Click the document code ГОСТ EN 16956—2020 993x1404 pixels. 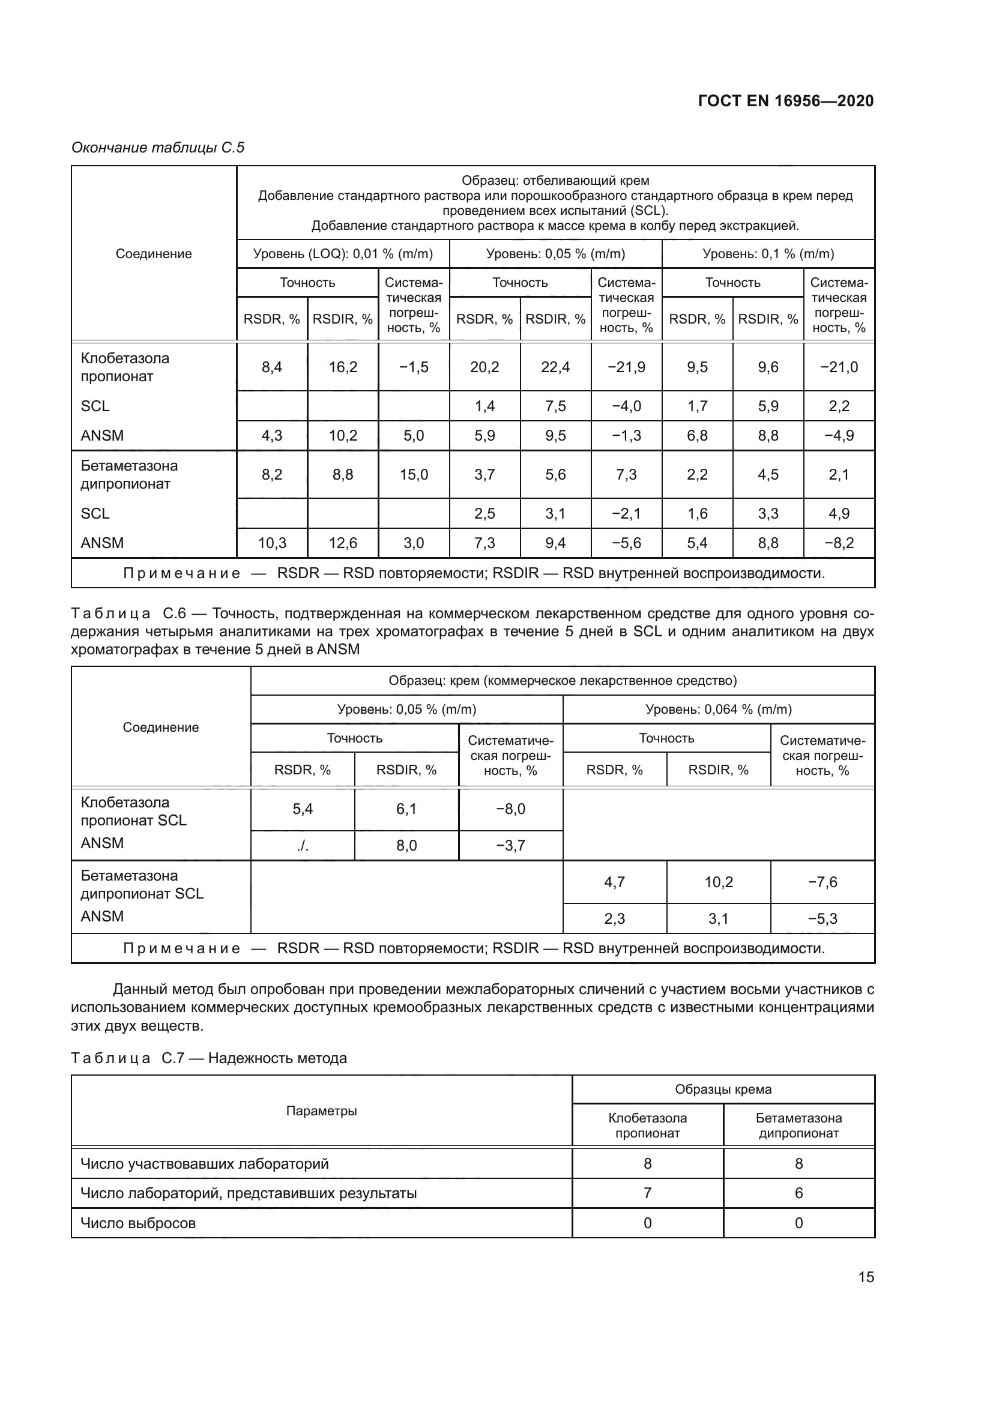786,101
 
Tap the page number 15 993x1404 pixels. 866,1277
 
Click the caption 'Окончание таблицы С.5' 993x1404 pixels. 158,148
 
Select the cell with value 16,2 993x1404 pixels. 343,367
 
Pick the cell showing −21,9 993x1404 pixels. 626,367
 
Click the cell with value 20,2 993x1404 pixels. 484,367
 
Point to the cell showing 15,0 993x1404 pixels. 414,475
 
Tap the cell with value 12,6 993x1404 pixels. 343,543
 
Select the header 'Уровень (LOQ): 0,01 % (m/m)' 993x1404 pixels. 343,254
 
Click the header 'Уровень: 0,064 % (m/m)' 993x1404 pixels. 719,710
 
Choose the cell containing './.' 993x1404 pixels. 303,846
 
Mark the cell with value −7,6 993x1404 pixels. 822,882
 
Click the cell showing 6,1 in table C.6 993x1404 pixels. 406,809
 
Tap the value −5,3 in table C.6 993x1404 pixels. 822,918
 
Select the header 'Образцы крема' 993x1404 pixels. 723,1089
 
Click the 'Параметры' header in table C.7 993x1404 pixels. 322,1110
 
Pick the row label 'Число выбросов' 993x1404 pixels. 138,1223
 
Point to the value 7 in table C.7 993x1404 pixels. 648,1193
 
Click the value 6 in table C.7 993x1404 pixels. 798,1193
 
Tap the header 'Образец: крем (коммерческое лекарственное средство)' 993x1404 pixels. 563,681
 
